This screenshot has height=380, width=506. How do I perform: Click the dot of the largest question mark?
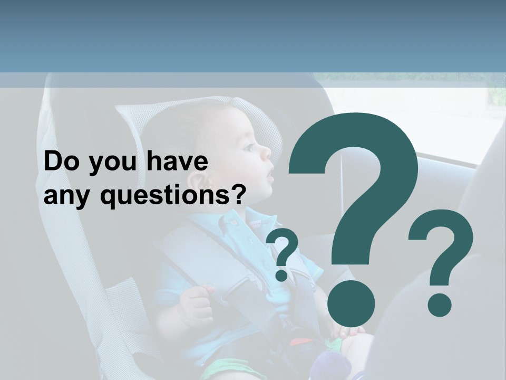click(x=351, y=304)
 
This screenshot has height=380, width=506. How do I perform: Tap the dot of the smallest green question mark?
click(x=282, y=275)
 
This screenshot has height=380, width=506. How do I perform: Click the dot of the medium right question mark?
click(x=439, y=305)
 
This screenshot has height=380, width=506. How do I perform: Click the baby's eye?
click(x=248, y=147)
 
